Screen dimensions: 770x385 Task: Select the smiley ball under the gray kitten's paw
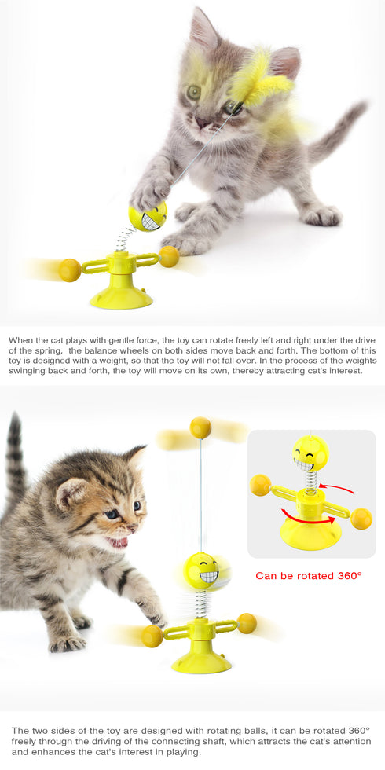148,217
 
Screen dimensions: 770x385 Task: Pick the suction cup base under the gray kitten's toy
120,295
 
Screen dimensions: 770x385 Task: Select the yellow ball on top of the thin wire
200,427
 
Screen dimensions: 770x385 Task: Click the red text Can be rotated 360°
309,576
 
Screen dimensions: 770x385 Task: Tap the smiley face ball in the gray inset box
310,453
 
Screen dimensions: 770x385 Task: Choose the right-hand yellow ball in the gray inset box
361,519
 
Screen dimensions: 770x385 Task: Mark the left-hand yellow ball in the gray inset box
260,485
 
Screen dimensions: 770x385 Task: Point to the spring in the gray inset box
310,480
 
